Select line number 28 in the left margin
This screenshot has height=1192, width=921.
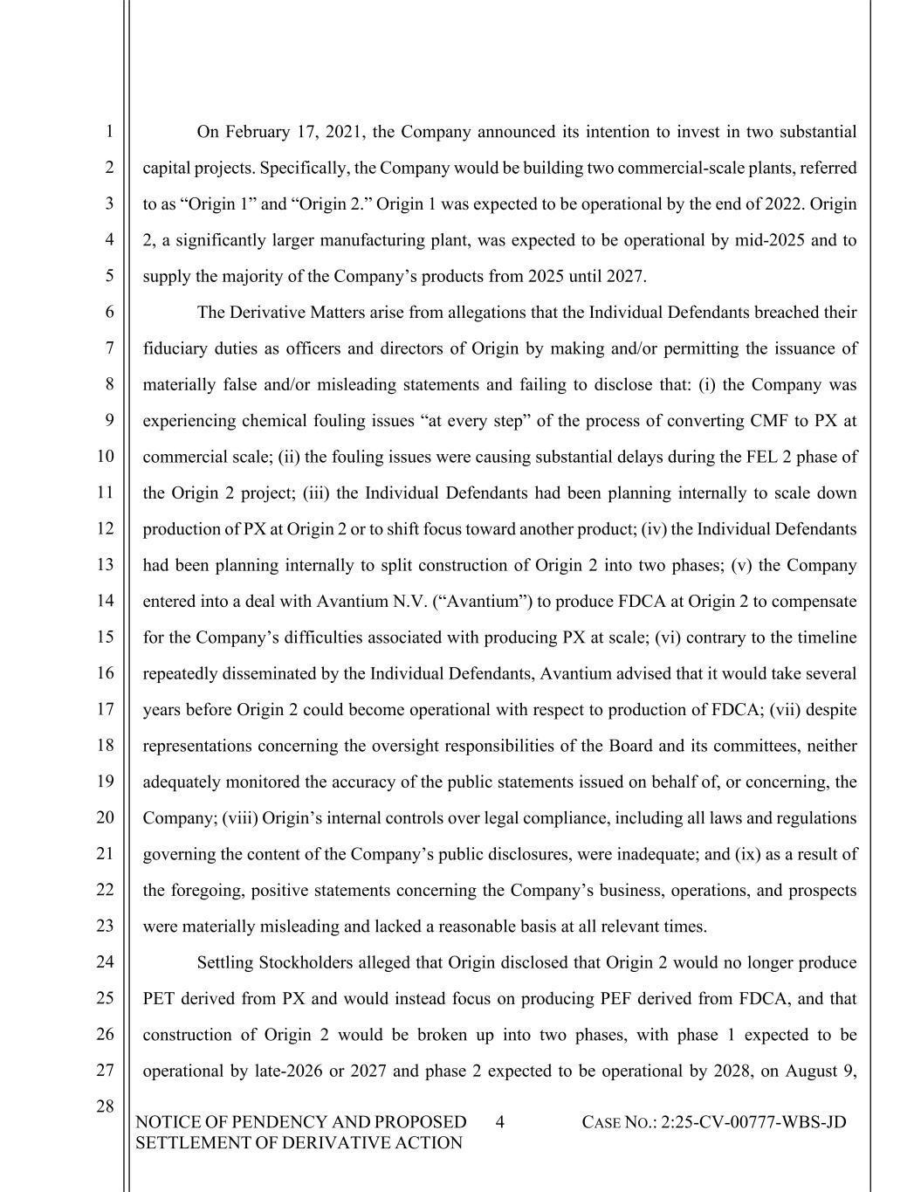click(105, 1106)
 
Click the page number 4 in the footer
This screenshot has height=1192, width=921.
click(499, 1122)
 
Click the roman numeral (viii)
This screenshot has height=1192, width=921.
click(239, 818)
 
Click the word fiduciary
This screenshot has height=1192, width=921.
click(175, 348)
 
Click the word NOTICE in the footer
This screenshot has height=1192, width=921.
click(168, 1122)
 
